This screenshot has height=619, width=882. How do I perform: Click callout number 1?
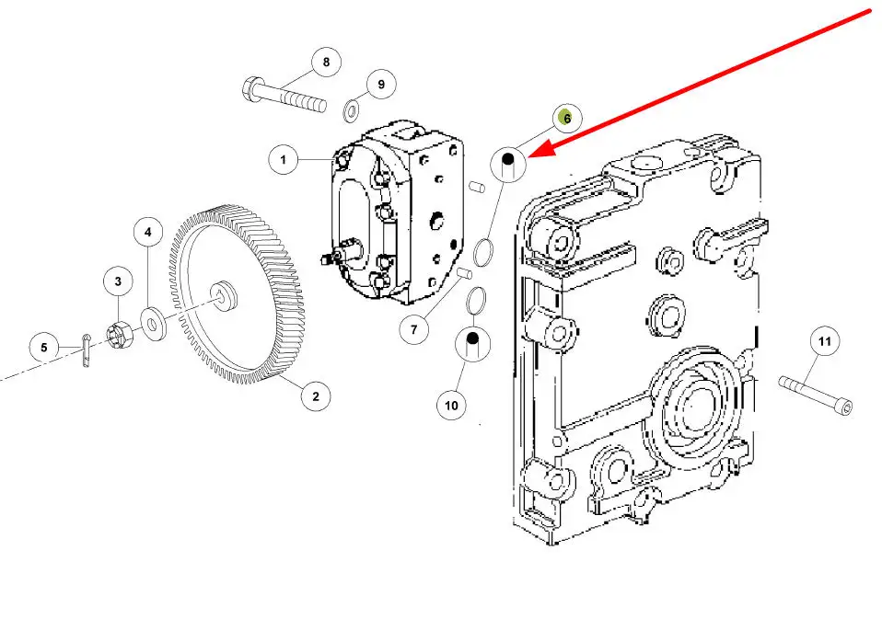tap(283, 159)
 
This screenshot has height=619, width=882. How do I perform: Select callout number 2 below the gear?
tap(315, 396)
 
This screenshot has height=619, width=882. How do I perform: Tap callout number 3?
tap(118, 281)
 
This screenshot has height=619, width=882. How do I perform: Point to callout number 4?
tap(148, 232)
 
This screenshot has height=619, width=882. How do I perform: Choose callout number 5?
tap(44, 347)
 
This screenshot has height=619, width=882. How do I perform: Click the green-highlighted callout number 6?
tap(566, 119)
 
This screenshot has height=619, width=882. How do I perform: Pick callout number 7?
tap(414, 329)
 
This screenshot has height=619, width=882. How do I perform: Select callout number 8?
tap(326, 62)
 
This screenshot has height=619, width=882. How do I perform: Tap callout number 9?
tap(381, 85)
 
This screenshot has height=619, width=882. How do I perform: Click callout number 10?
tap(451, 405)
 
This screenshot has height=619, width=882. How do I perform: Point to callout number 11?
tap(824, 341)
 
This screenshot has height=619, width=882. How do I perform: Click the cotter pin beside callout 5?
tap(86, 350)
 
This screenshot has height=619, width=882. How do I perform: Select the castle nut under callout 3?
tap(120, 334)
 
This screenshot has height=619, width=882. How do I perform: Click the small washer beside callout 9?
tap(353, 110)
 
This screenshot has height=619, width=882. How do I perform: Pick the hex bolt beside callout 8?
tap(284, 96)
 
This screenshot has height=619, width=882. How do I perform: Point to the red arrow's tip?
tap(528, 157)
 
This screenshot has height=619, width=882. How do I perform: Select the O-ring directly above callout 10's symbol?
tap(476, 301)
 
